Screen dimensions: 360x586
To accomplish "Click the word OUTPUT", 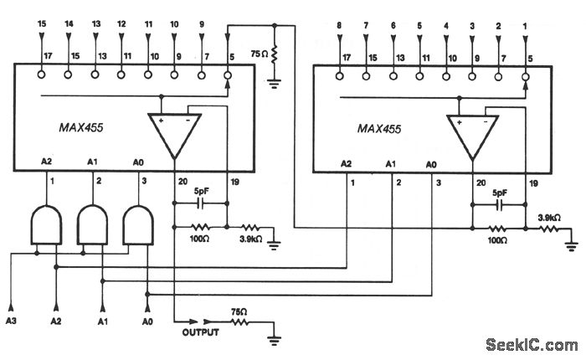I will tap(201, 332).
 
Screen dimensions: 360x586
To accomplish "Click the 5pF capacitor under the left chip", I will tap(201, 202).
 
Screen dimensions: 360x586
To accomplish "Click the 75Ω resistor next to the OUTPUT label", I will tap(239, 319).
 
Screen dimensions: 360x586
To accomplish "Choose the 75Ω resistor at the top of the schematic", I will tap(273, 56).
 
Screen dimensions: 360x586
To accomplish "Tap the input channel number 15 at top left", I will tap(42, 26).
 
